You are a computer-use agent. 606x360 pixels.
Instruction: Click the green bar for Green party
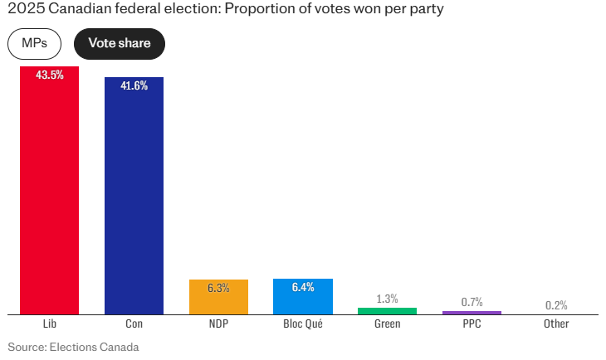[x=387, y=311]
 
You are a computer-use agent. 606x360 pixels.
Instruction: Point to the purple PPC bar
[x=472, y=313]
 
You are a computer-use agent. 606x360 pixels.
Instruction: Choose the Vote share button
[x=120, y=43]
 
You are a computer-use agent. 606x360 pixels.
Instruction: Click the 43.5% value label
[x=50, y=75]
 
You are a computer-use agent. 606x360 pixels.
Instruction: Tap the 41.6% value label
[x=134, y=85]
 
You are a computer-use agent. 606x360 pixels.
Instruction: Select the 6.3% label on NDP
[x=218, y=288]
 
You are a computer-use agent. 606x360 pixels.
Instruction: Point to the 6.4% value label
[x=303, y=287]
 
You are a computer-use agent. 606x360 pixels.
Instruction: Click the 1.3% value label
[x=387, y=299]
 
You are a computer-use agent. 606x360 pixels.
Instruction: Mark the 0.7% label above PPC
[x=472, y=302]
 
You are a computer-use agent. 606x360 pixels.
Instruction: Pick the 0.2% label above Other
[x=556, y=305]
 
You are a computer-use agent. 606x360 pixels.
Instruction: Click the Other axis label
[x=556, y=324]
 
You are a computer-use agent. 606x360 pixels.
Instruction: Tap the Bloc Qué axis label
[x=303, y=324]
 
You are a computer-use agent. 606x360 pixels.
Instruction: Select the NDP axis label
[x=218, y=324]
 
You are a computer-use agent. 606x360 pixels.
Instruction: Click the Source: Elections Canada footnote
[x=73, y=347]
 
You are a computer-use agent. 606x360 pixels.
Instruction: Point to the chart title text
[x=226, y=10]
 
